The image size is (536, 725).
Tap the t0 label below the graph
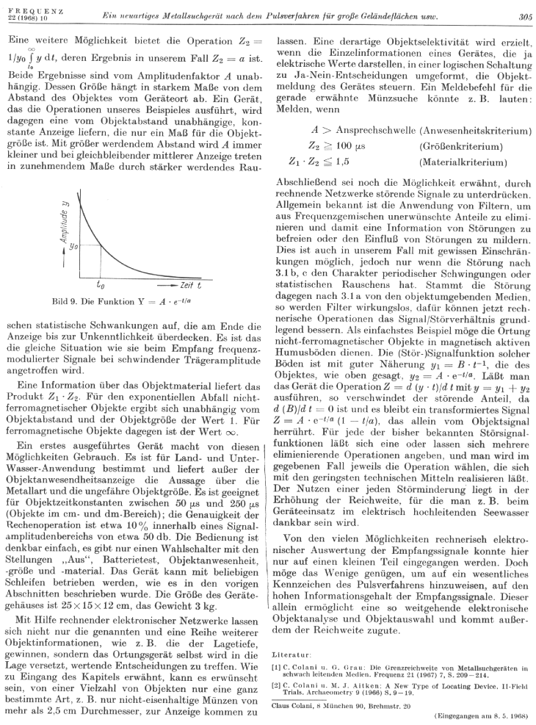click(100, 283)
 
